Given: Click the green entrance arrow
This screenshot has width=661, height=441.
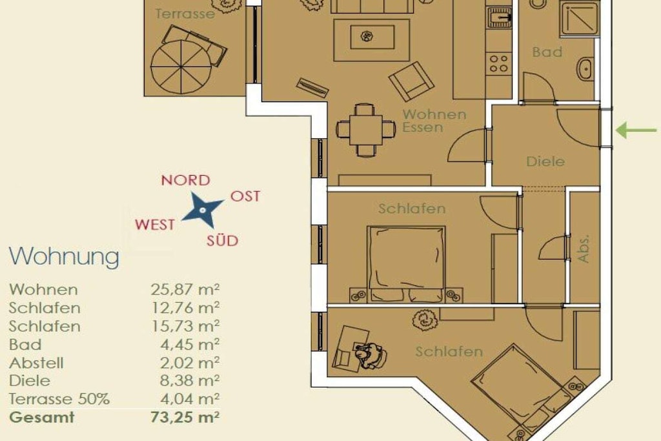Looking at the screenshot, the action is pos(636,130).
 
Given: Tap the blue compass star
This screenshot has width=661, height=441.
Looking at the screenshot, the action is pos(202,210).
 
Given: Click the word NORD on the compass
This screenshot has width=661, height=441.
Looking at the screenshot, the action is pos(185,180).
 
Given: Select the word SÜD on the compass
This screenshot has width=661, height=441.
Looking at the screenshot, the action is pos(222,241).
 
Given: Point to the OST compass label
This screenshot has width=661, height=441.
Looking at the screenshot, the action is pos(245,196).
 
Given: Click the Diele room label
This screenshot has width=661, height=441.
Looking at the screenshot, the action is pos(545,161).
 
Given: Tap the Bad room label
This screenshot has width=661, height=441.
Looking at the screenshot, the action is pos(547,52).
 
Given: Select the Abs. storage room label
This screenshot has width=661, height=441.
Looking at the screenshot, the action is pos(584,249).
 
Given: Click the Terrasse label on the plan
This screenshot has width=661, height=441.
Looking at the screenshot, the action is pos(185,14).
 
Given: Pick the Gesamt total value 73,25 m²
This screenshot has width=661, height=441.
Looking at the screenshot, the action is pos(185,417).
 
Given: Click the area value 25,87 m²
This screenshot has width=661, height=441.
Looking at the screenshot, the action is pos(185,290).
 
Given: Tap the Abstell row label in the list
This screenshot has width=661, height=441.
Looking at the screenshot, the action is pos(36,363).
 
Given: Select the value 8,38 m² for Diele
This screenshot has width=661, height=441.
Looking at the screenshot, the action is pos(190,381).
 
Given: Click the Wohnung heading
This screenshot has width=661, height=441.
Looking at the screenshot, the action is pos(64,256).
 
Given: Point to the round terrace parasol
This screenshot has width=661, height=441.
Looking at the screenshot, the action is pos(181,67).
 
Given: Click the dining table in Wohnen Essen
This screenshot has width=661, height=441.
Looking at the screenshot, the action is pos(365,129).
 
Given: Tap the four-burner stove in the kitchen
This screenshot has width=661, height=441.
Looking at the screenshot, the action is pos(499,63).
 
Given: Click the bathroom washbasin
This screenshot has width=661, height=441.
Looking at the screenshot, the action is pos(585,68).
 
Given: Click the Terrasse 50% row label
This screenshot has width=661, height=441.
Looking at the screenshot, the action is pos(59,399).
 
